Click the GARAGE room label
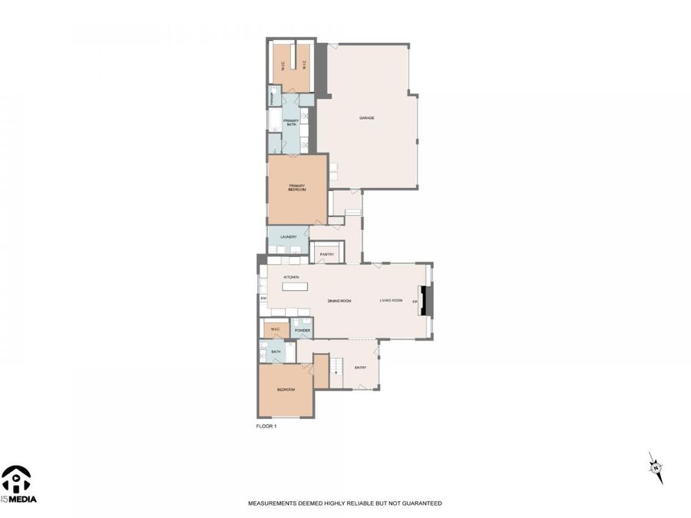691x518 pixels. click(366, 117)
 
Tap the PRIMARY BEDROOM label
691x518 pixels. click(297, 187)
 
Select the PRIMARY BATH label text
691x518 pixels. click(290, 123)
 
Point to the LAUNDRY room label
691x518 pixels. click(288, 237)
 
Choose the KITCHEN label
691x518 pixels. click(291, 276)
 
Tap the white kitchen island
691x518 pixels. click(294, 286)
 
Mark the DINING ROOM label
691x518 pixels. click(339, 301)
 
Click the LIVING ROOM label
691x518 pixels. click(391, 301)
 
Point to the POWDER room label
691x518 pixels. click(302, 330)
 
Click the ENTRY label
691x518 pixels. click(360, 368)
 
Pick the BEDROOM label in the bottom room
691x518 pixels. click(286, 390)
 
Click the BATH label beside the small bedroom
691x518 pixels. click(275, 351)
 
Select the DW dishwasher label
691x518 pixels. click(263, 298)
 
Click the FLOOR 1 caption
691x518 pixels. click(266, 425)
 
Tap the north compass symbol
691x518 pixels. click(655, 467)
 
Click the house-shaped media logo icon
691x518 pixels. click(16, 480)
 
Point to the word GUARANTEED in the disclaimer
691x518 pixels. click(424, 503)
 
